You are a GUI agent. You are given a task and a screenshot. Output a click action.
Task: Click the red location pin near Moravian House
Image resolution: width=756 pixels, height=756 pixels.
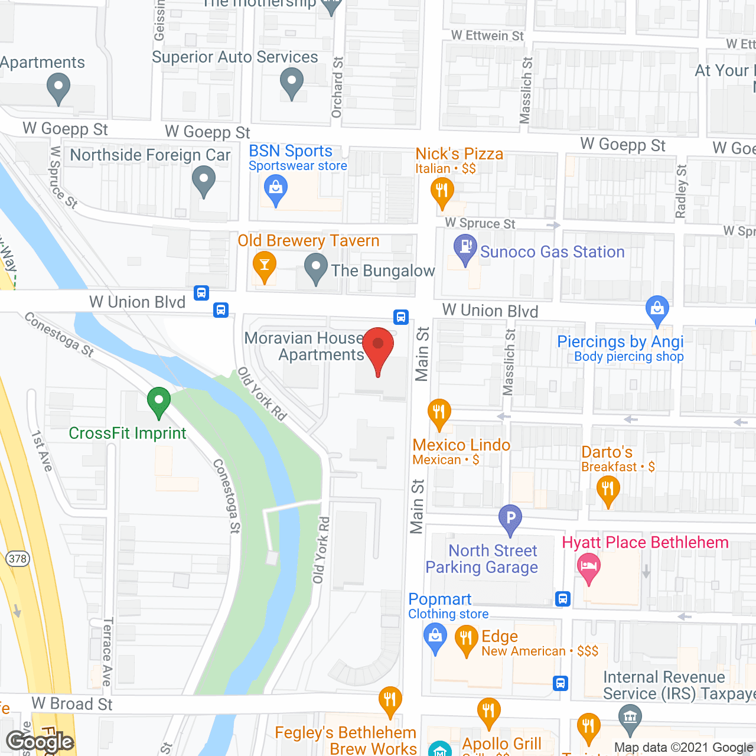(378, 346)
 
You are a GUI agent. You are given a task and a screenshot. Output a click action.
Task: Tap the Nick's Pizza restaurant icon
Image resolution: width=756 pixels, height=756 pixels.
(442, 191)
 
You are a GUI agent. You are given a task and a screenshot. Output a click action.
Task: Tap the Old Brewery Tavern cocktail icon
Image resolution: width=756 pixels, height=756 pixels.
(264, 265)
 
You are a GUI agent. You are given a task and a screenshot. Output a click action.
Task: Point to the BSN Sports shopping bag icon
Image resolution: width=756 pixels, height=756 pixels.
(275, 190)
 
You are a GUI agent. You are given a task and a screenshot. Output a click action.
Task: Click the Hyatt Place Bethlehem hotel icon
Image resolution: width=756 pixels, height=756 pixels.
(588, 566)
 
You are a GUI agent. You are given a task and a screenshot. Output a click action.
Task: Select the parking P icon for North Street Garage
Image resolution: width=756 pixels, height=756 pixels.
(510, 519)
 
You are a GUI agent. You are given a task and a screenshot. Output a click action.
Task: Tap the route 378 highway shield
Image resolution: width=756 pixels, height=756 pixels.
(17, 558)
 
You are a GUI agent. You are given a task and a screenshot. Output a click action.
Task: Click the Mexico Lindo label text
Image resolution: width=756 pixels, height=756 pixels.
(461, 445)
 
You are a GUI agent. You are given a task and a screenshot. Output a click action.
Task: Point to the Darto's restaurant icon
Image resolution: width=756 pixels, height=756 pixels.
(608, 490)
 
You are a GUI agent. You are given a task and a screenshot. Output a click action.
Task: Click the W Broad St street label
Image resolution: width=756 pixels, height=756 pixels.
(72, 704)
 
